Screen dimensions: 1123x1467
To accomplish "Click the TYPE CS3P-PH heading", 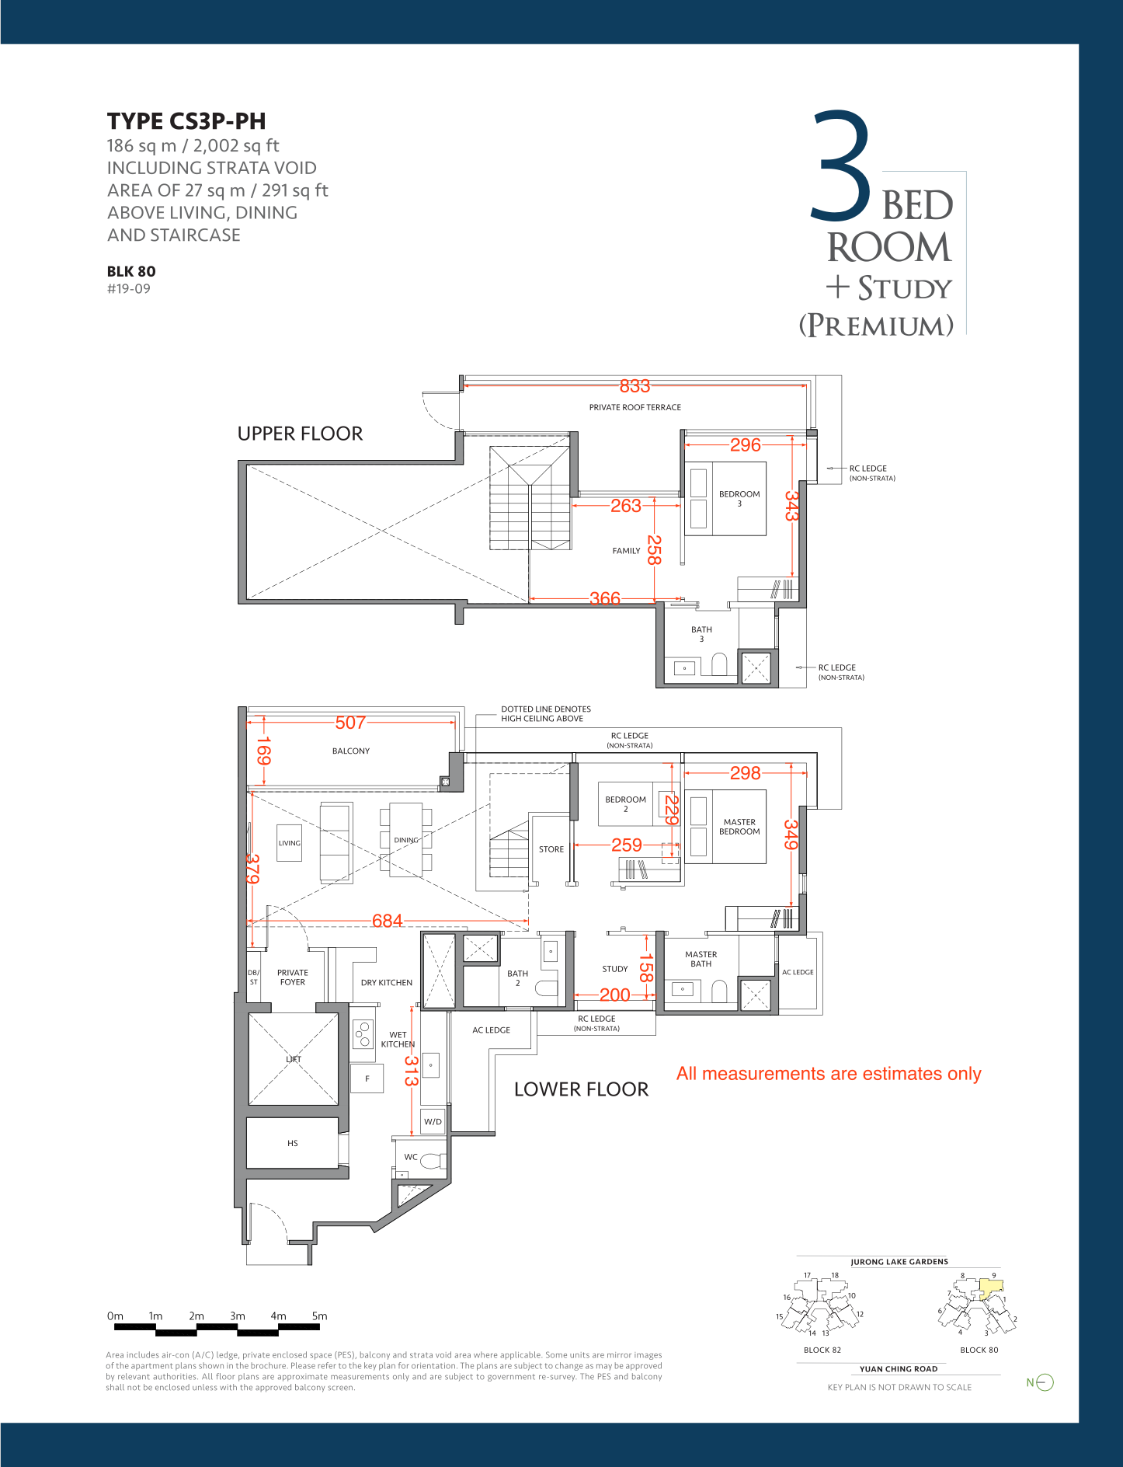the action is point(186,121).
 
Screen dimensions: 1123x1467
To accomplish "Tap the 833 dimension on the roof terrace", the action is point(635,386).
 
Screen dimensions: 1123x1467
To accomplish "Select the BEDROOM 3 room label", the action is point(739,498).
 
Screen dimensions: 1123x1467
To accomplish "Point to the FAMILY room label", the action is point(626,551).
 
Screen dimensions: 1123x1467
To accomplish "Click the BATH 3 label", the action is point(701,634).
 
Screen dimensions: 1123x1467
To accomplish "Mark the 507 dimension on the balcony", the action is point(350,723).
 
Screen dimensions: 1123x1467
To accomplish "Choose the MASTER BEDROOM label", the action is point(739,827).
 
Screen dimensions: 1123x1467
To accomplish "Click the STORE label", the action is point(551,849).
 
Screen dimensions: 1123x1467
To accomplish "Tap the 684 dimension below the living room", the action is point(388,921).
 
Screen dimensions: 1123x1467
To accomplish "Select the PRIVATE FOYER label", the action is point(293,977).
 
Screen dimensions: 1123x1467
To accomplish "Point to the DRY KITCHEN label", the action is point(387,983).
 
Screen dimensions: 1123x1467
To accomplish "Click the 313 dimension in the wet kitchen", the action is point(411,1071).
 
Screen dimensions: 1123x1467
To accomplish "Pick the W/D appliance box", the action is point(433,1121).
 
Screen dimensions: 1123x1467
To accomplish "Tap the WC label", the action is point(411,1157).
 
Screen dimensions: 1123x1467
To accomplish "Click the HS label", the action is point(293,1143).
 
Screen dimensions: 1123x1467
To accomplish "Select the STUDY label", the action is point(615,969).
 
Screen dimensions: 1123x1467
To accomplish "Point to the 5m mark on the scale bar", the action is point(319,1316).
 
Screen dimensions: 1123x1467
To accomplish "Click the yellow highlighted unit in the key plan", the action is point(990,1289).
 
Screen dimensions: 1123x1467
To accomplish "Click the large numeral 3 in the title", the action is point(842,166).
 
